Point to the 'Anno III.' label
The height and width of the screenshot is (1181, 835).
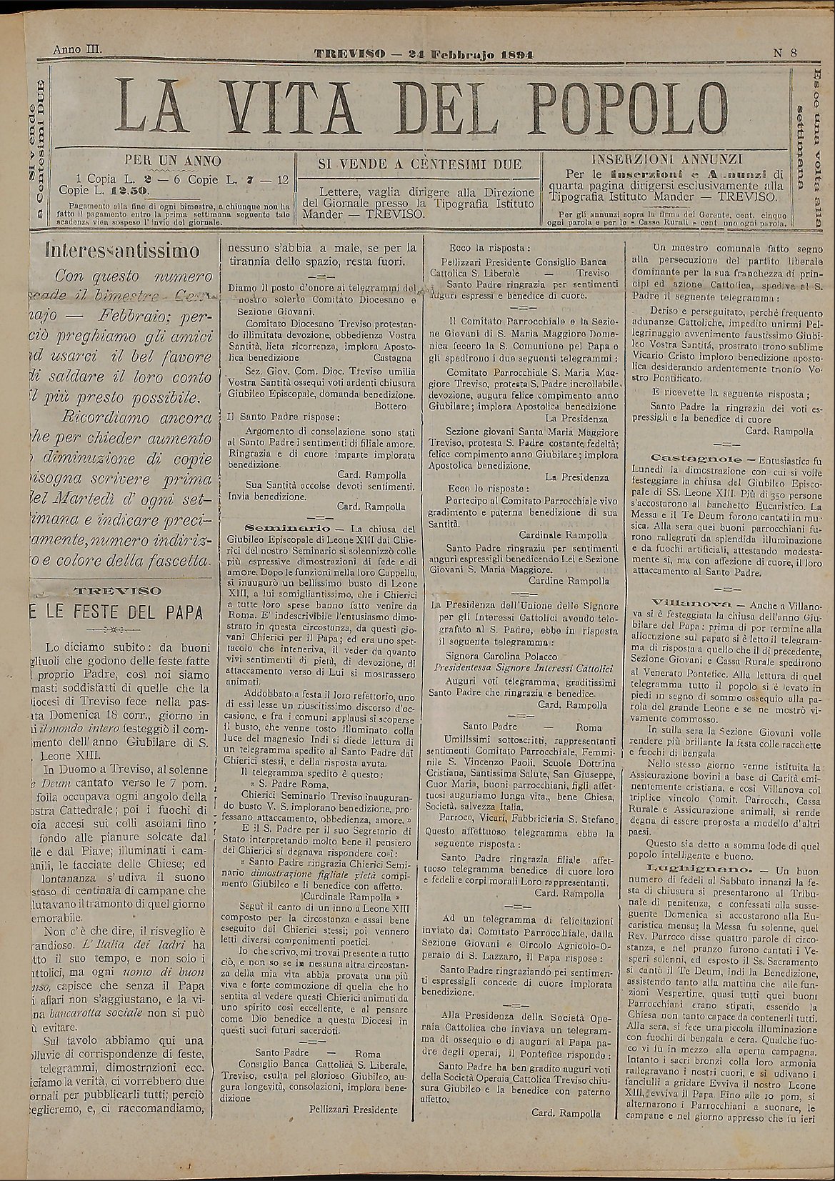79,50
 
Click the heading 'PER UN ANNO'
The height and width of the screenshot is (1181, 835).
173,160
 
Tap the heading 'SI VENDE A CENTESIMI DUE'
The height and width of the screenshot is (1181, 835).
419,164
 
